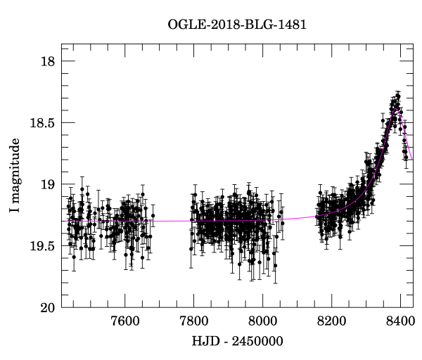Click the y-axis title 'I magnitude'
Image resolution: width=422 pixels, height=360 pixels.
pyautogui.click(x=15, y=176)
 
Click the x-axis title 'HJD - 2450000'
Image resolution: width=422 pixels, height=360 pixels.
pyautogui.click(x=237, y=342)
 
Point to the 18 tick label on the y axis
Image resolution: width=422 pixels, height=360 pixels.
pyautogui.click(x=49, y=62)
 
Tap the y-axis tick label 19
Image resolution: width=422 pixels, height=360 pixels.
pyautogui.click(x=49, y=185)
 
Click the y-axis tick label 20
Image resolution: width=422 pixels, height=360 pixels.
pyautogui.click(x=49, y=307)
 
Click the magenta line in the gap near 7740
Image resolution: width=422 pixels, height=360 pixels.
pyautogui.click(x=172, y=221)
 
